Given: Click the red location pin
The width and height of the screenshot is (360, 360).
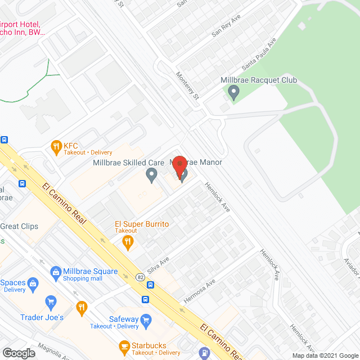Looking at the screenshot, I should tap(179, 168).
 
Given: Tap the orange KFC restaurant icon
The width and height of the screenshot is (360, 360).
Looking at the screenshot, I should tap(56, 148).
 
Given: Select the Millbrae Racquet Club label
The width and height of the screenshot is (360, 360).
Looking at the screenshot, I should tap(258, 80).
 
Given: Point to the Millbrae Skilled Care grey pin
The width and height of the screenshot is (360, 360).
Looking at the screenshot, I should tap(151, 175).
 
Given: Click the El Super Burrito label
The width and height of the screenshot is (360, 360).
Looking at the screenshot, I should tap(141, 224).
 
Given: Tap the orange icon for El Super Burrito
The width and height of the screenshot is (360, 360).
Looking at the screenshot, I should tap(128, 242).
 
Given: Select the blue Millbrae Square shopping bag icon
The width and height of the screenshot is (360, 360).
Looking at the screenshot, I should tap(56, 273).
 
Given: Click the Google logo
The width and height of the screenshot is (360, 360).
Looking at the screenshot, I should tap(18, 353).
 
